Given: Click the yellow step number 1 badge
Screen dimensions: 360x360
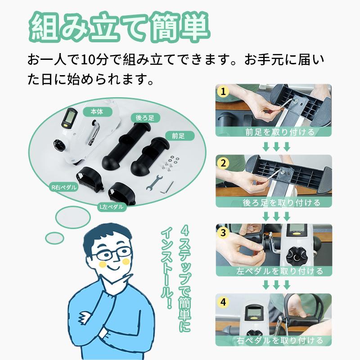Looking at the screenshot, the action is click(223, 92).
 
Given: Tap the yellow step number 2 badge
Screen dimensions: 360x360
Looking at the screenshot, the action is click(223, 163).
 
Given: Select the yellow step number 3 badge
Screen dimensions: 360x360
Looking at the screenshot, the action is click(223, 233).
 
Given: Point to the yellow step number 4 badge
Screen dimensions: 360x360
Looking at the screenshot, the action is click(223, 302).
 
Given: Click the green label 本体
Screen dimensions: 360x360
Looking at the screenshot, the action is click(97, 112).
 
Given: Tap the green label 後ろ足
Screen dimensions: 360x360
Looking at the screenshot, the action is click(145, 118).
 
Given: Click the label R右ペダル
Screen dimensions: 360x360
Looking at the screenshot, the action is click(63, 187).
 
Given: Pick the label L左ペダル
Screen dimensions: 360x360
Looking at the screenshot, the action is click(112, 207).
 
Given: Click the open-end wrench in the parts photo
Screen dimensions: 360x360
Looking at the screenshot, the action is click(153, 183).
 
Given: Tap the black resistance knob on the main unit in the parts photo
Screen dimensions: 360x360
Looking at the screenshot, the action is click(59, 144).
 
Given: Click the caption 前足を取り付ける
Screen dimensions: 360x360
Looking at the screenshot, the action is click(279, 132).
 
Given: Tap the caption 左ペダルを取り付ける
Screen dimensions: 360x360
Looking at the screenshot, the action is click(279, 271).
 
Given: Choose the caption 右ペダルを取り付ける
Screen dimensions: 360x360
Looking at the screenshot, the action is click(279, 341).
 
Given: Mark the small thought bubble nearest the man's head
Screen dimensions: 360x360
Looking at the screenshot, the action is click(54, 238).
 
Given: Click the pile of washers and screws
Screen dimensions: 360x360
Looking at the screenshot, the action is click(170, 163).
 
